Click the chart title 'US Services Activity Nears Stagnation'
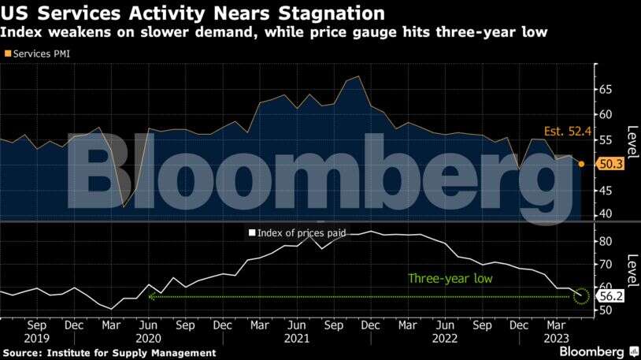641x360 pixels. pos(194,13)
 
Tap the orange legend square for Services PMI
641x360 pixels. pos(8,54)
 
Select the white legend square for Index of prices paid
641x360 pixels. pos(252,233)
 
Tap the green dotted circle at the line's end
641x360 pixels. pos(582,296)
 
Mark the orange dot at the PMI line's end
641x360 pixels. pos(581,164)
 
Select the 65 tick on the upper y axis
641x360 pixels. pos(605,90)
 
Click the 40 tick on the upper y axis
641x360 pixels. pos(605,213)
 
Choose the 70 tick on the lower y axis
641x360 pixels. pos(605,265)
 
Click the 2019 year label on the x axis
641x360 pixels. pos(38,336)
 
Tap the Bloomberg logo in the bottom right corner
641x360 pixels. pos(597,351)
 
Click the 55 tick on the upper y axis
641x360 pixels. pos(605,139)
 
